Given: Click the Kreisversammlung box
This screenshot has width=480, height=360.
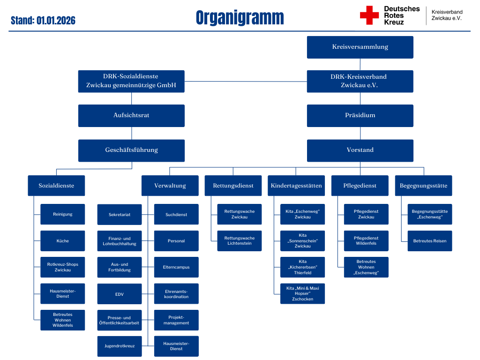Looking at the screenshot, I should [x=360, y=47].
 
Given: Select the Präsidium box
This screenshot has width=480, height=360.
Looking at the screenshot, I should [x=360, y=115].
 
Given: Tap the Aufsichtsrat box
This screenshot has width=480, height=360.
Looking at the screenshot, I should [x=131, y=115].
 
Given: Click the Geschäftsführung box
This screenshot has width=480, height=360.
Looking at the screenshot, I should [x=131, y=150].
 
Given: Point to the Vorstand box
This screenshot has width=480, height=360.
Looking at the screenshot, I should [x=360, y=150].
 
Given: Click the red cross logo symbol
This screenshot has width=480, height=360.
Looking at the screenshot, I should [x=369, y=15].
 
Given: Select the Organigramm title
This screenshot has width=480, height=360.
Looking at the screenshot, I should [x=240, y=18].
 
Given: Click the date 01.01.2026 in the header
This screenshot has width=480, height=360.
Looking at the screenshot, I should [x=56, y=21].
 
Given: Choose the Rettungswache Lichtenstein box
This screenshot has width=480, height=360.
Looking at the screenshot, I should [x=240, y=240].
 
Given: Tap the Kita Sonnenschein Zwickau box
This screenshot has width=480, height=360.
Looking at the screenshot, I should [x=303, y=240].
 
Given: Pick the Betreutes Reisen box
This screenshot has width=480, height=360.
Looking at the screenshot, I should [x=429, y=240].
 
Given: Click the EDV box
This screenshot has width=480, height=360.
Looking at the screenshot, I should [x=120, y=294].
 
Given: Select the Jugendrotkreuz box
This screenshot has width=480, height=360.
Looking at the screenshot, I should [x=120, y=346].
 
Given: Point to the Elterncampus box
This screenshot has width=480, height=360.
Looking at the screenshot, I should [x=176, y=267].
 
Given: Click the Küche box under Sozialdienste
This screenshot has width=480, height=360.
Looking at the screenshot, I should [x=62, y=240].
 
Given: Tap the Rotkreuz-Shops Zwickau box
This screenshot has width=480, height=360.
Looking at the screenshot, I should [x=62, y=267].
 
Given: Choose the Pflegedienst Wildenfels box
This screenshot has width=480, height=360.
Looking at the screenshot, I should [x=366, y=240].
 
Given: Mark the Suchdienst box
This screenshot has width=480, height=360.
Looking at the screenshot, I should [x=176, y=214].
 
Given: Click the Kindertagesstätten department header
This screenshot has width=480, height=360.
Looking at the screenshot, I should [x=296, y=186].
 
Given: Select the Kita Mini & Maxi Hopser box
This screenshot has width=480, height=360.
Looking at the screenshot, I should [x=303, y=294].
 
